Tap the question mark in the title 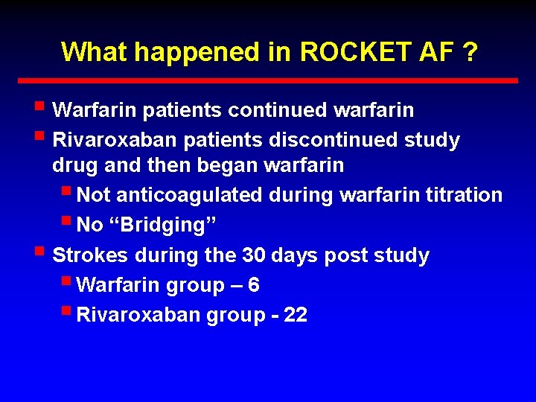[x=470, y=52]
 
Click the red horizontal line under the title [x=268, y=80]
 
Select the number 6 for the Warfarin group [x=254, y=286]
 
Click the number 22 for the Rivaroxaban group [x=296, y=316]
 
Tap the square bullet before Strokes [x=40, y=253]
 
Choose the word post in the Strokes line [x=347, y=256]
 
